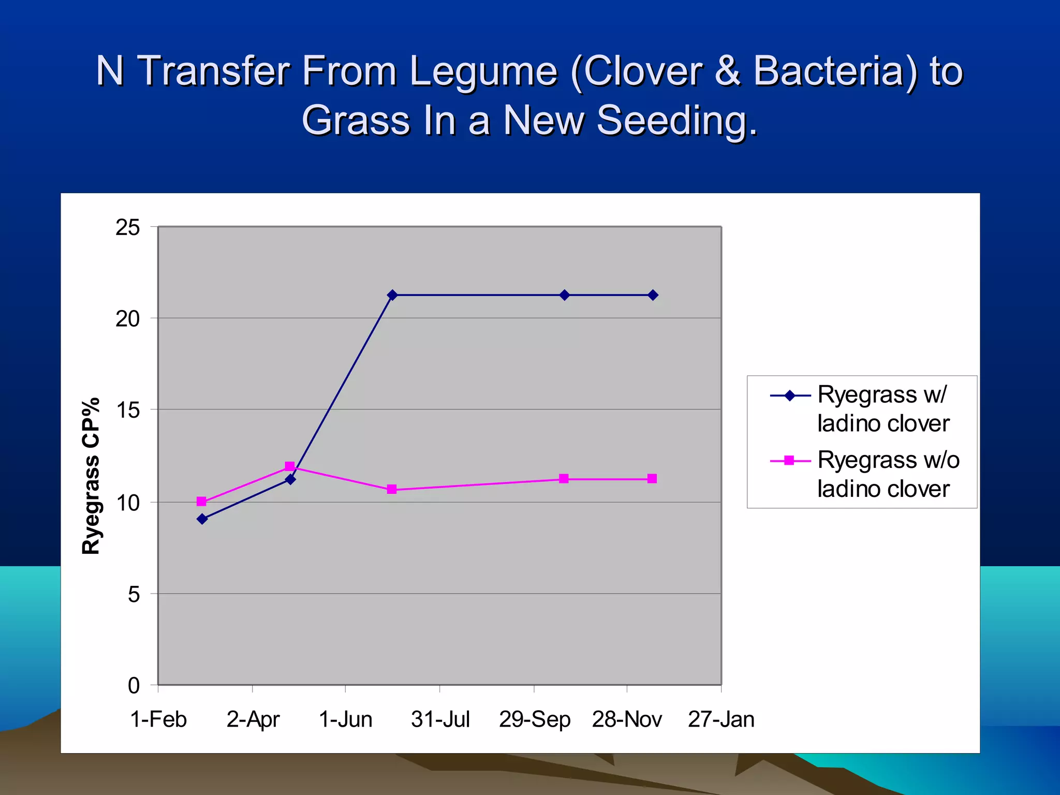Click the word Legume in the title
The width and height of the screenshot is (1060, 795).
(x=483, y=71)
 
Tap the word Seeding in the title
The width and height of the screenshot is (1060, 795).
(x=677, y=121)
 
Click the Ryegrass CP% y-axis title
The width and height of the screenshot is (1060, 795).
(x=91, y=476)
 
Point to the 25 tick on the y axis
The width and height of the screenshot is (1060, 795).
(x=128, y=228)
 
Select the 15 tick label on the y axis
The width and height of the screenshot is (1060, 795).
(x=128, y=410)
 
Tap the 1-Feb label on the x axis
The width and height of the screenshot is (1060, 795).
(x=158, y=719)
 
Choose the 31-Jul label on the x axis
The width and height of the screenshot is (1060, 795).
(x=440, y=719)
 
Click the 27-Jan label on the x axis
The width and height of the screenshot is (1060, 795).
(x=721, y=719)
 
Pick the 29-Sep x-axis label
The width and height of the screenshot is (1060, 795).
(x=534, y=719)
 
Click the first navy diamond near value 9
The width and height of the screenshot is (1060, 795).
(x=202, y=519)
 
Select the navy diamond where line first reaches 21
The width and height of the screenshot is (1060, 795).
(x=392, y=295)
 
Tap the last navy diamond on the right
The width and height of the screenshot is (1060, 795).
(x=653, y=295)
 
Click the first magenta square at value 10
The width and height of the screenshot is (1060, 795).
(x=202, y=501)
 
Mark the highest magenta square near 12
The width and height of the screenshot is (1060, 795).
(x=290, y=466)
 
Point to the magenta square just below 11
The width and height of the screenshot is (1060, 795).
(x=392, y=489)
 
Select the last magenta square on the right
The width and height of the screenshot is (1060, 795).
(x=652, y=479)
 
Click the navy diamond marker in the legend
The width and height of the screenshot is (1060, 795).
(x=790, y=396)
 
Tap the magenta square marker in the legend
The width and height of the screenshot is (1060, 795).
(x=789, y=461)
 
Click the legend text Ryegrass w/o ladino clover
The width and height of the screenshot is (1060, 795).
(x=888, y=474)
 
